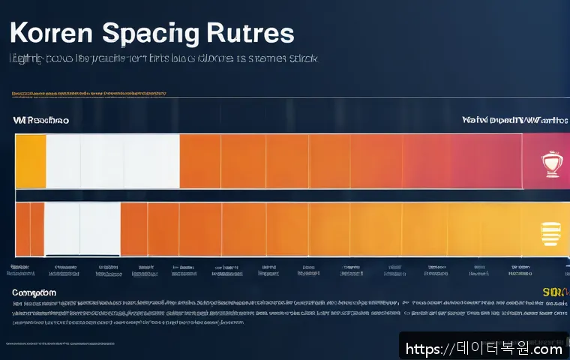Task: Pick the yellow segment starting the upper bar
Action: [x=30, y=161]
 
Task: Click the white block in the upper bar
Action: [x=112, y=161]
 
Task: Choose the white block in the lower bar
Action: [x=82, y=229]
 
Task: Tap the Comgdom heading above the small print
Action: [x=34, y=292]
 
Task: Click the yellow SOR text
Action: [x=554, y=291]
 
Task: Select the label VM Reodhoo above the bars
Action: [x=40, y=120]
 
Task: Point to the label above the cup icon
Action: [x=515, y=120]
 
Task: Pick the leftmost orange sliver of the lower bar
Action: [x=22, y=229]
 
